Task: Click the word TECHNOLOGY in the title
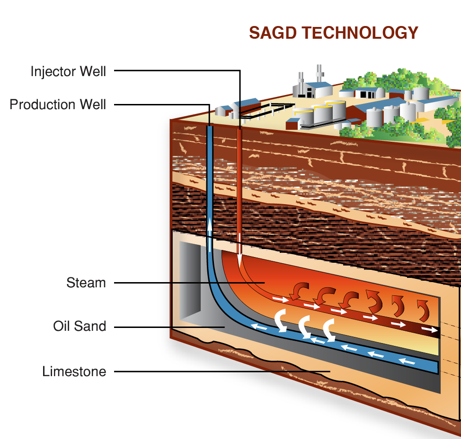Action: pos(360,33)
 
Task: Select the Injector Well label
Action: pos(68,71)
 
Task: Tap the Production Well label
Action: pos(58,104)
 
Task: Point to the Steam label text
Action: pos(86,283)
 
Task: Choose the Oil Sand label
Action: pos(80,327)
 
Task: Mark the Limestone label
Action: pos(74,371)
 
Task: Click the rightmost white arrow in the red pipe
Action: pos(429,329)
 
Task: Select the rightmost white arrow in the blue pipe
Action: pos(407,362)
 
